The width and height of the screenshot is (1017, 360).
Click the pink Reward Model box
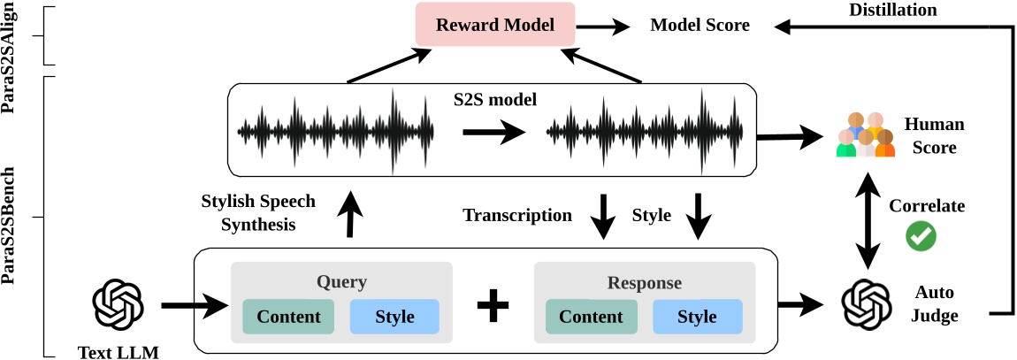click(x=495, y=25)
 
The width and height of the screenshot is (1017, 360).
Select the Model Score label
click(x=700, y=25)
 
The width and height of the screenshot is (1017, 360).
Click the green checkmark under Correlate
click(x=921, y=234)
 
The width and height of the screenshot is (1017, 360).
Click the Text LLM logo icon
click(x=119, y=303)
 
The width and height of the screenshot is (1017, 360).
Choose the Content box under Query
click(x=288, y=317)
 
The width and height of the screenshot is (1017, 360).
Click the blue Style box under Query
click(x=394, y=317)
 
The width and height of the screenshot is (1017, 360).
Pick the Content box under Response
click(x=591, y=317)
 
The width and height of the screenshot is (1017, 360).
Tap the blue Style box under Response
click(x=697, y=317)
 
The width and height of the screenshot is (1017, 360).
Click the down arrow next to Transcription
click(x=605, y=217)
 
